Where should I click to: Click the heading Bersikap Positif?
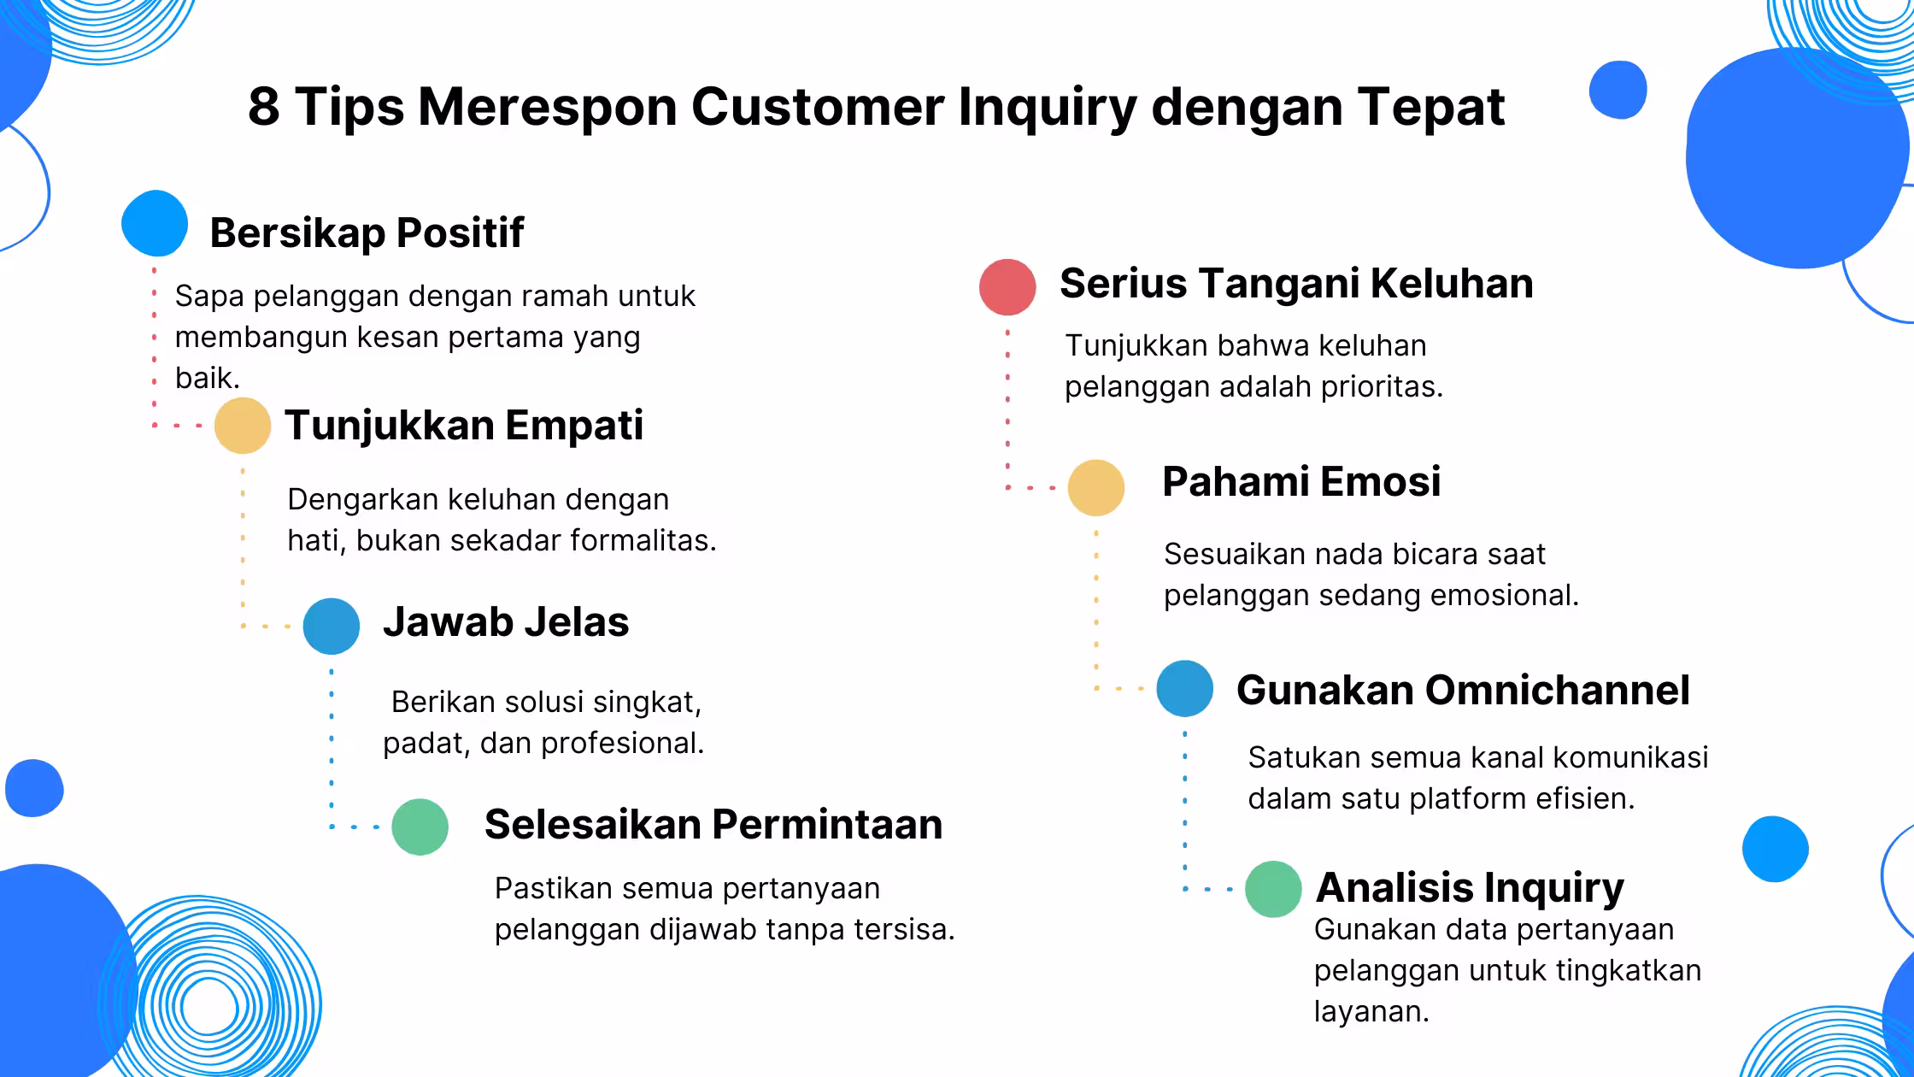tap(367, 232)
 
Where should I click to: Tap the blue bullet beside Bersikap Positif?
tap(155, 223)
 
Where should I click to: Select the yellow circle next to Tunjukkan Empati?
tap(243, 425)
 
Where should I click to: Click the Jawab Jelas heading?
tap(506, 621)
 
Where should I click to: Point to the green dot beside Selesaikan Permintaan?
tap(420, 827)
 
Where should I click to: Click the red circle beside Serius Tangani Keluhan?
tap(1007, 287)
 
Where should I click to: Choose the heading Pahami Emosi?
tap(1301, 481)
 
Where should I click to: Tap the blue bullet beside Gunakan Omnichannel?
tap(1185, 688)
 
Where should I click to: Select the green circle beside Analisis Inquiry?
tap(1273, 889)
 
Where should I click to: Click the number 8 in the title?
tap(263, 107)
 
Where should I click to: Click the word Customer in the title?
tap(817, 107)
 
